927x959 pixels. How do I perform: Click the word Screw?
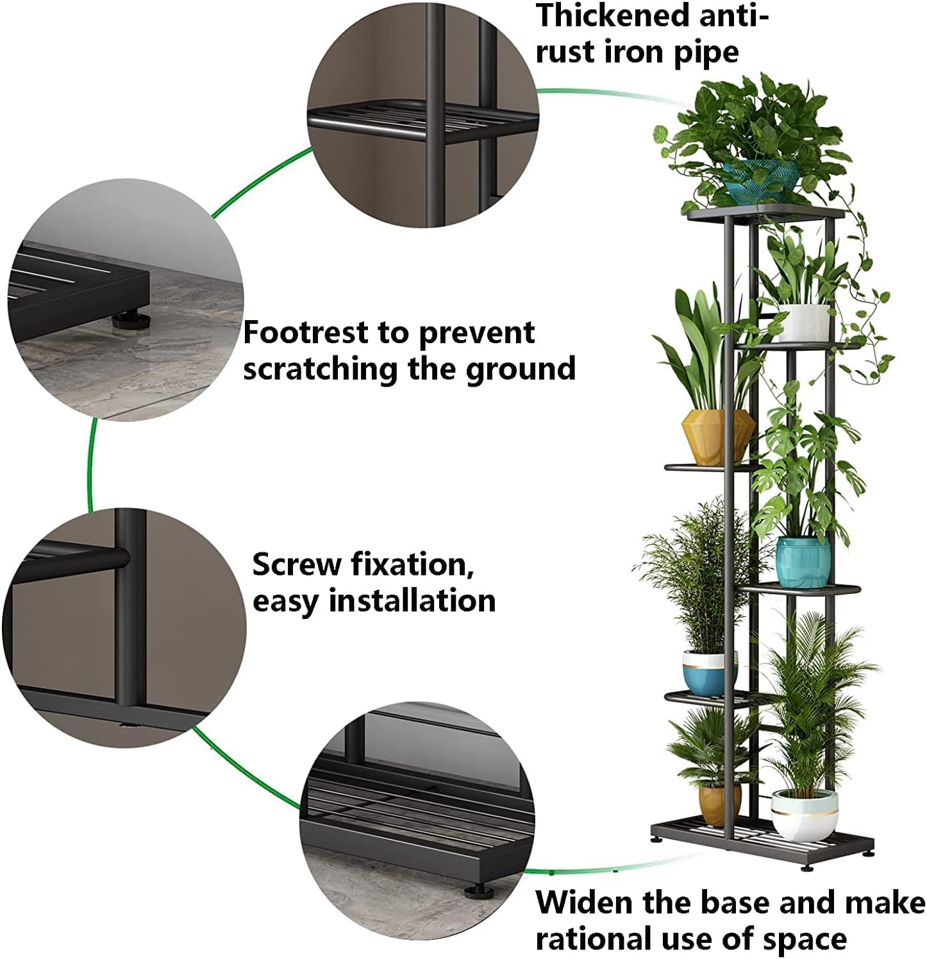(x=296, y=564)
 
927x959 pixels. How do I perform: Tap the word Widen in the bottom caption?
(x=584, y=903)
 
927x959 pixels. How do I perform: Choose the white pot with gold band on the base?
(x=804, y=815)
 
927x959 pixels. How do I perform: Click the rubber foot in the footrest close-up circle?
(x=129, y=319)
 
